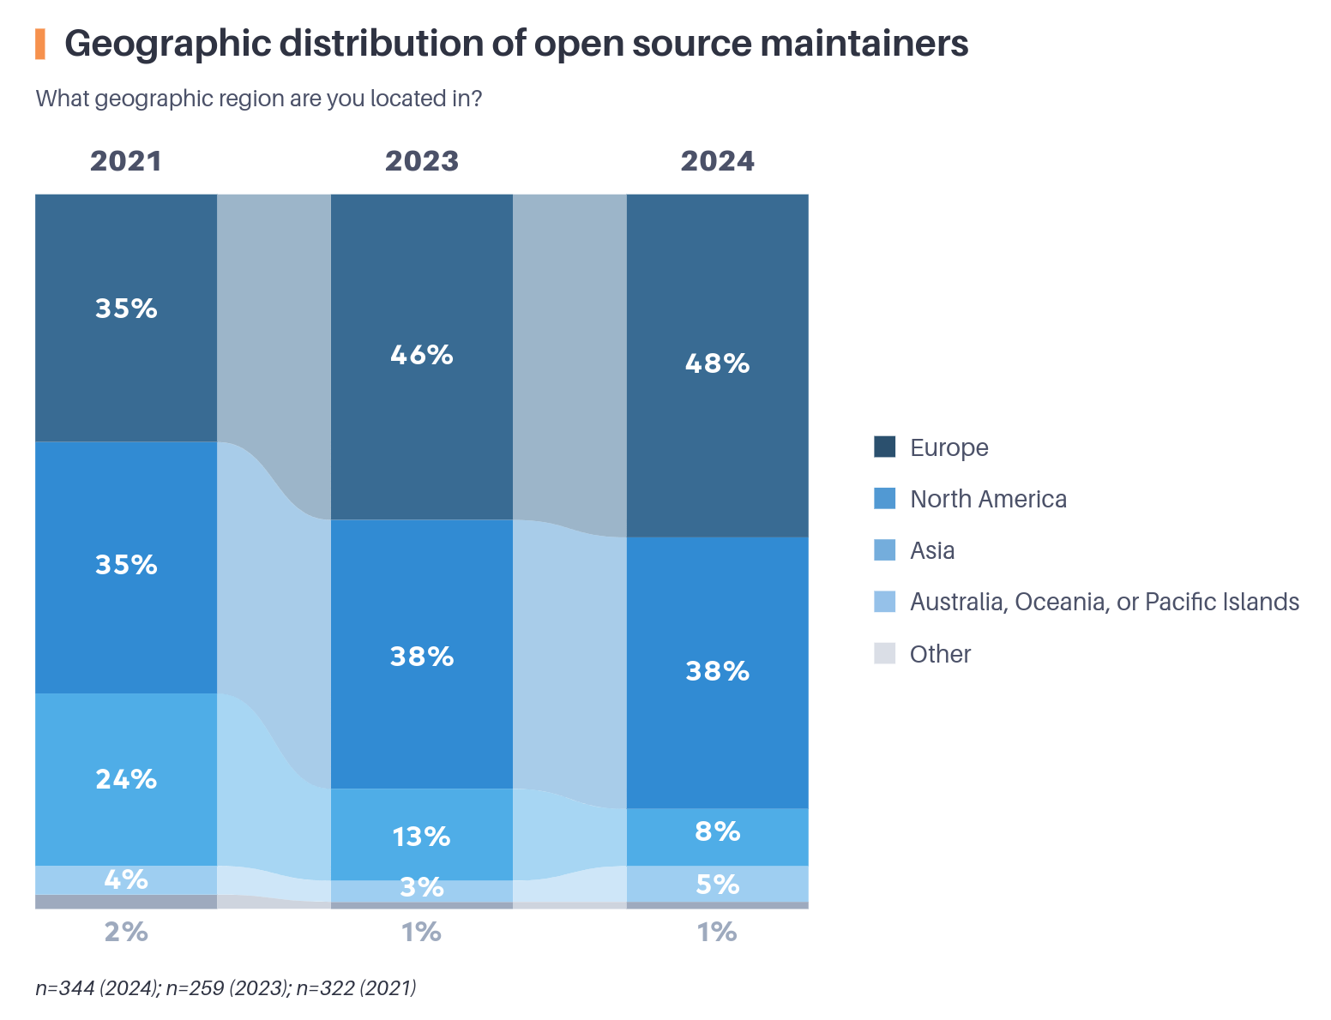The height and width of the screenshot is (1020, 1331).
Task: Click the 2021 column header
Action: pyautogui.click(x=126, y=161)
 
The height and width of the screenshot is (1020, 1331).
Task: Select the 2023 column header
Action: pyautogui.click(x=421, y=161)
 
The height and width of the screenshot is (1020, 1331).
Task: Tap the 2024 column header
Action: pyautogui.click(x=717, y=161)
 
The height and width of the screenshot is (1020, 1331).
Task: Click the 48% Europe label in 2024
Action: pyautogui.click(x=717, y=363)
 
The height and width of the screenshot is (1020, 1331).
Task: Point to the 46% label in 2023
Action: pyautogui.click(x=421, y=354)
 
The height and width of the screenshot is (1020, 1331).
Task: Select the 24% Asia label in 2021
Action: pyautogui.click(x=126, y=778)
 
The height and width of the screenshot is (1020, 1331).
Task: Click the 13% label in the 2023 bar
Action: pyautogui.click(x=421, y=836)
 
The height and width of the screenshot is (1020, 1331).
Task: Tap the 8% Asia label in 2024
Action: pyautogui.click(x=717, y=831)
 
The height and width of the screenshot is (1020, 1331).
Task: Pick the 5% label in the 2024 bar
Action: pyautogui.click(x=717, y=884)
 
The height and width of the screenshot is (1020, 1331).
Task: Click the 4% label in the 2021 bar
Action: pyautogui.click(x=126, y=879)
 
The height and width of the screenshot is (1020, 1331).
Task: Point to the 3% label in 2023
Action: pyautogui.click(x=421, y=887)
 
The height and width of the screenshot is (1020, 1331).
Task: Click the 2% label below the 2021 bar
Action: pyautogui.click(x=126, y=931)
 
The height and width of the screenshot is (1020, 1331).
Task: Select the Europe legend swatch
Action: pyautogui.click(x=884, y=447)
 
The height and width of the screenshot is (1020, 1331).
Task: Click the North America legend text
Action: pyautogui.click(x=988, y=499)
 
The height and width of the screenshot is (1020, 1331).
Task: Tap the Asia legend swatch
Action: pyautogui.click(x=884, y=550)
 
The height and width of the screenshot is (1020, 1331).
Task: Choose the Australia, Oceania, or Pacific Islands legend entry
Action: pyautogui.click(x=1104, y=602)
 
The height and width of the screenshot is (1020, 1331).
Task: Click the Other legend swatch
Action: pyautogui.click(x=884, y=653)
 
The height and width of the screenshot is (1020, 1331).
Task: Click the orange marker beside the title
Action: pyautogui.click(x=39, y=44)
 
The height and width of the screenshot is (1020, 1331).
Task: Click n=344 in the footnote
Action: pyautogui.click(x=64, y=987)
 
